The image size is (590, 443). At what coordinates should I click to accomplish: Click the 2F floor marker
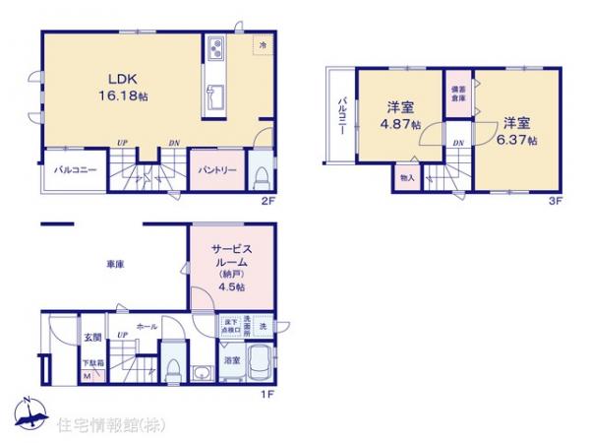[267, 201]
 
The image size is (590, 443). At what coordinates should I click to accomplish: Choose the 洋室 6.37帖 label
[517, 131]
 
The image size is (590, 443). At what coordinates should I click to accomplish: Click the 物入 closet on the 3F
[407, 178]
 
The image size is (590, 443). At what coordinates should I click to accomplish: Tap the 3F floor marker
[555, 201]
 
